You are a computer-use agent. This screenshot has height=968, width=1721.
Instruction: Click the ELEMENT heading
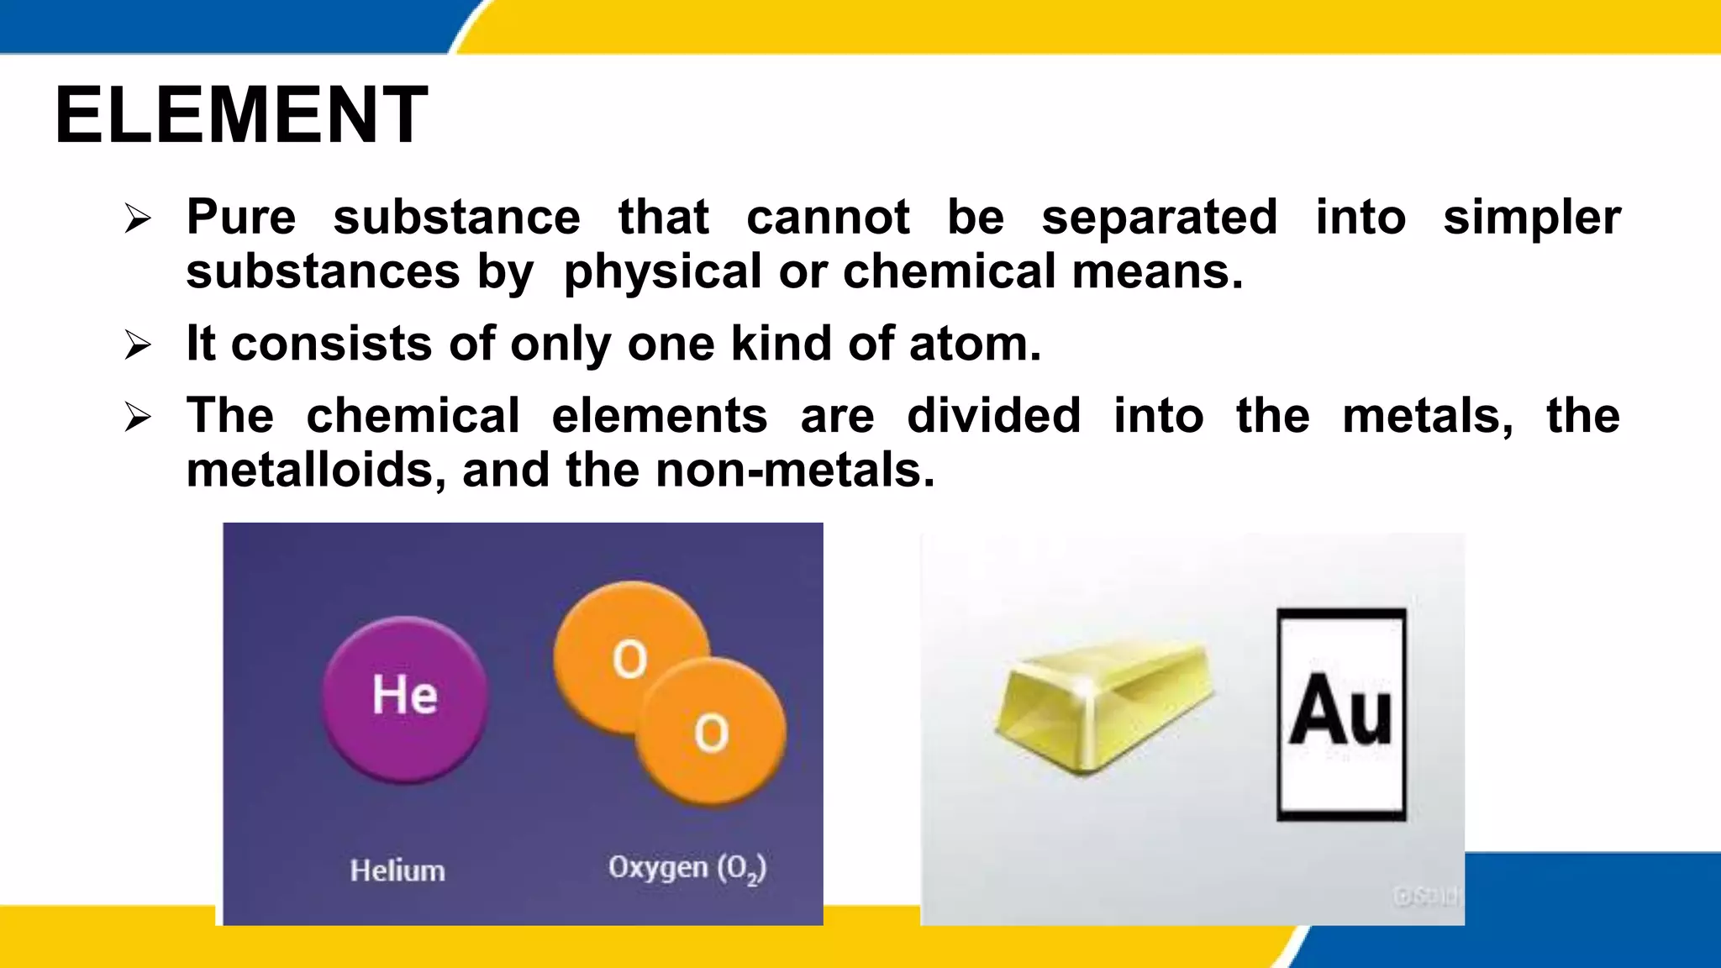click(242, 115)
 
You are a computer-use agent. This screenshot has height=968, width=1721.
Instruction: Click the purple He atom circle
click(405, 699)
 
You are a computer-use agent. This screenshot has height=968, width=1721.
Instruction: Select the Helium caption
click(397, 871)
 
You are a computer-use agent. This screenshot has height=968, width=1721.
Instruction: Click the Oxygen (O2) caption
click(687, 868)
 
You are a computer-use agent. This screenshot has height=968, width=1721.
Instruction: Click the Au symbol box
click(1341, 714)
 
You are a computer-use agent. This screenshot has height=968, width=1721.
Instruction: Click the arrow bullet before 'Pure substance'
click(138, 219)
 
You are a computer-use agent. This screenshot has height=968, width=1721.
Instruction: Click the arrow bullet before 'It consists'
click(138, 345)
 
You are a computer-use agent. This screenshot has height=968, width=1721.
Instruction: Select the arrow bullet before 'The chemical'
click(138, 417)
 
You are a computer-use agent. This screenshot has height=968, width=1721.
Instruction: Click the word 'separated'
click(1160, 217)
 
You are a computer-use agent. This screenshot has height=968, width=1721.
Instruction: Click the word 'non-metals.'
click(795, 470)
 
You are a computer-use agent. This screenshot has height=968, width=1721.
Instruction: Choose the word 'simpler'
click(1531, 218)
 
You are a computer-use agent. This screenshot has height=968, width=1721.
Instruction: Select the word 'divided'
click(993, 415)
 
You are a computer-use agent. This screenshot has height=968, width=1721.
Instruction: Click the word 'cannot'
click(828, 217)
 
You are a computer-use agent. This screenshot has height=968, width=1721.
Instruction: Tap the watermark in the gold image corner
click(1425, 897)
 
